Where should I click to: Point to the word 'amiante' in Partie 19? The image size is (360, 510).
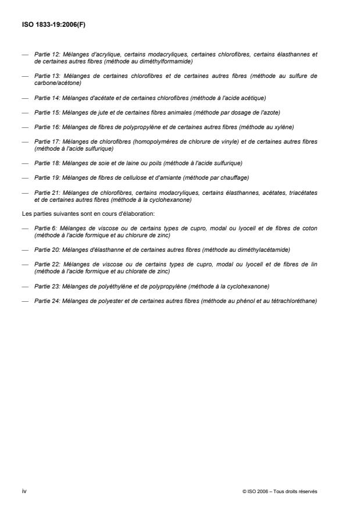click(157, 177)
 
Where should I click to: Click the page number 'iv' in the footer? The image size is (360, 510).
click(23, 491)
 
